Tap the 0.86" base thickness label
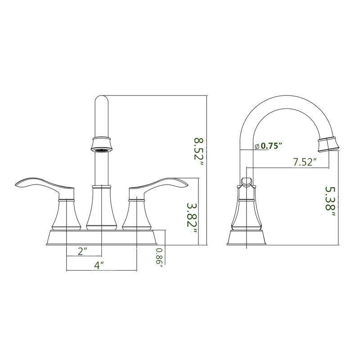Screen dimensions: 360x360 tap(159, 258)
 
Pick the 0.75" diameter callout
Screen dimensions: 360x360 tap(269, 146)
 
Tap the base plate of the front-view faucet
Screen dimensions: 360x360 tap(101, 237)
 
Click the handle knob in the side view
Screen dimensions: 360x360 tap(246, 181)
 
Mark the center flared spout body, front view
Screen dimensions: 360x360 tap(101, 209)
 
